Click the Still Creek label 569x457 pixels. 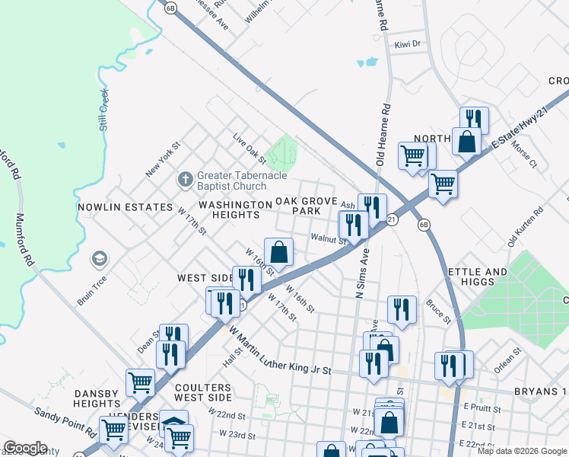click(103, 110)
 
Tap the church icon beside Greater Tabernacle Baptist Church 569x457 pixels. click(184, 181)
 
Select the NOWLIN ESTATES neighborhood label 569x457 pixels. click(126, 206)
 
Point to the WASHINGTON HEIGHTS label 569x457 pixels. click(235, 210)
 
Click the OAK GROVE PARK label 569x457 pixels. click(307, 206)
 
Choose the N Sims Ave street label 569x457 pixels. click(361, 272)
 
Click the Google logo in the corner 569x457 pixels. click(25, 448)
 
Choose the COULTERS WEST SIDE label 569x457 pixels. click(202, 392)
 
